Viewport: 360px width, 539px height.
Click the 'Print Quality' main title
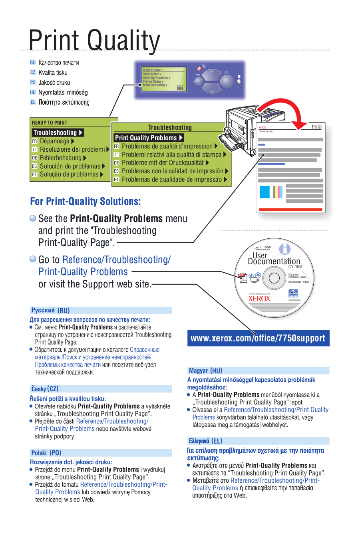pos(94,40)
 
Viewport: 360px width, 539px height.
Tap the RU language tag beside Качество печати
pos(33,62)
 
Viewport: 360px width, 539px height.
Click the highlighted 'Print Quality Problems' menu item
pos(148,138)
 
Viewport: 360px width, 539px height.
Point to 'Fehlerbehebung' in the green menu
pos(60,158)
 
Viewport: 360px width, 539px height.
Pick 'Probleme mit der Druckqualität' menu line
pos(163,162)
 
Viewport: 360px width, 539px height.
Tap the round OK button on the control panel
pos(226,81)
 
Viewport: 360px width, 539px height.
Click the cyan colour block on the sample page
pos(265,192)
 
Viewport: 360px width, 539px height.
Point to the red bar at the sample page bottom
pos(290,209)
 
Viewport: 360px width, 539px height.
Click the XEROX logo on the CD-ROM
pos(260,298)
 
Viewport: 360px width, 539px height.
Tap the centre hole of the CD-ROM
pos(274,277)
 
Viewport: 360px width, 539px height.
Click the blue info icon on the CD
pos(284,249)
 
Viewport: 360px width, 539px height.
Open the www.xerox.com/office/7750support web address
pos(258,338)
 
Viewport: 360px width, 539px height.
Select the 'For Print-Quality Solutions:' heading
pos(86,201)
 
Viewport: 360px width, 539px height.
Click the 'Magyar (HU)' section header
pos(206,371)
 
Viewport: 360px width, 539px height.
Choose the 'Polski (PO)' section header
pos(46,453)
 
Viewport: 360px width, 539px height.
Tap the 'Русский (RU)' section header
pos(50,310)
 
